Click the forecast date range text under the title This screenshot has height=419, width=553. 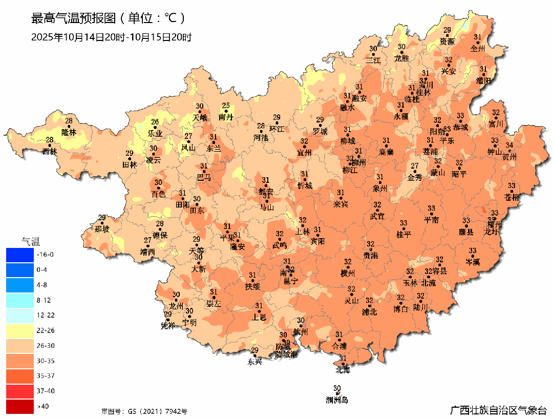point(111,37)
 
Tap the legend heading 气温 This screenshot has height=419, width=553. point(30,241)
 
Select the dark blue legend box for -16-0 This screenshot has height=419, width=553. point(19,254)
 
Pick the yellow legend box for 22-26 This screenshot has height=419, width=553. point(19,330)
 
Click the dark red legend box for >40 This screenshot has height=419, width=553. point(19,406)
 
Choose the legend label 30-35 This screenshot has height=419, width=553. point(46,361)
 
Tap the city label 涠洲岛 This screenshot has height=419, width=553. point(337,400)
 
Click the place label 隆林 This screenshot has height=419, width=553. point(69,132)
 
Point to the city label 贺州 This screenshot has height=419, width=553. point(510,157)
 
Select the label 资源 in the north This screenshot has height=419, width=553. point(447,41)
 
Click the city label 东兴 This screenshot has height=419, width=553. point(254,362)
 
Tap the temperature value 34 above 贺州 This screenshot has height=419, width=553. point(509,145)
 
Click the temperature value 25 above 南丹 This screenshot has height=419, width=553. point(226,106)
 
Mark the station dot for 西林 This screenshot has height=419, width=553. point(50,145)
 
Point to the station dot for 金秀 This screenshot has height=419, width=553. point(415,172)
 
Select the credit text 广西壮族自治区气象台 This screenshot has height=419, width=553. point(498,410)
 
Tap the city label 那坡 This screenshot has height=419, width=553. point(102,229)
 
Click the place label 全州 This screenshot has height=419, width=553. point(477,49)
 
